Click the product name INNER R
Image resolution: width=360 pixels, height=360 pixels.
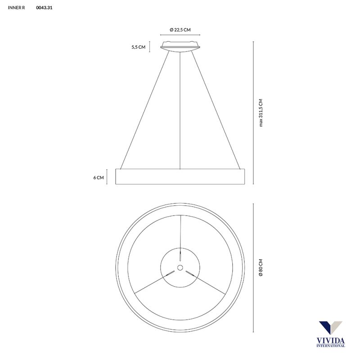pyautogui.click(x=17, y=8)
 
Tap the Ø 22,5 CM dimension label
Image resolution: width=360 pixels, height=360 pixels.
pyautogui.click(x=180, y=29)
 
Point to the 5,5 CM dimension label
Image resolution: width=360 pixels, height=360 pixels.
pyautogui.click(x=138, y=47)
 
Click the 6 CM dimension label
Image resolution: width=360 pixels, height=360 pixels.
pyautogui.click(x=99, y=177)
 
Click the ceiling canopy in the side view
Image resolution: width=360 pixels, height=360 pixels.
pyautogui.click(x=180, y=45)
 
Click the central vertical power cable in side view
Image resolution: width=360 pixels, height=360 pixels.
pyautogui.click(x=180, y=108)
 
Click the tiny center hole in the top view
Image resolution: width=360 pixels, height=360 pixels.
pyautogui.click(x=180, y=268)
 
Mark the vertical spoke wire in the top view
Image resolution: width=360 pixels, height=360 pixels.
pyautogui.click(x=180, y=232)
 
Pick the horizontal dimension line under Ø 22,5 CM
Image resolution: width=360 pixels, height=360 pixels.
pyautogui.click(x=180, y=35)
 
